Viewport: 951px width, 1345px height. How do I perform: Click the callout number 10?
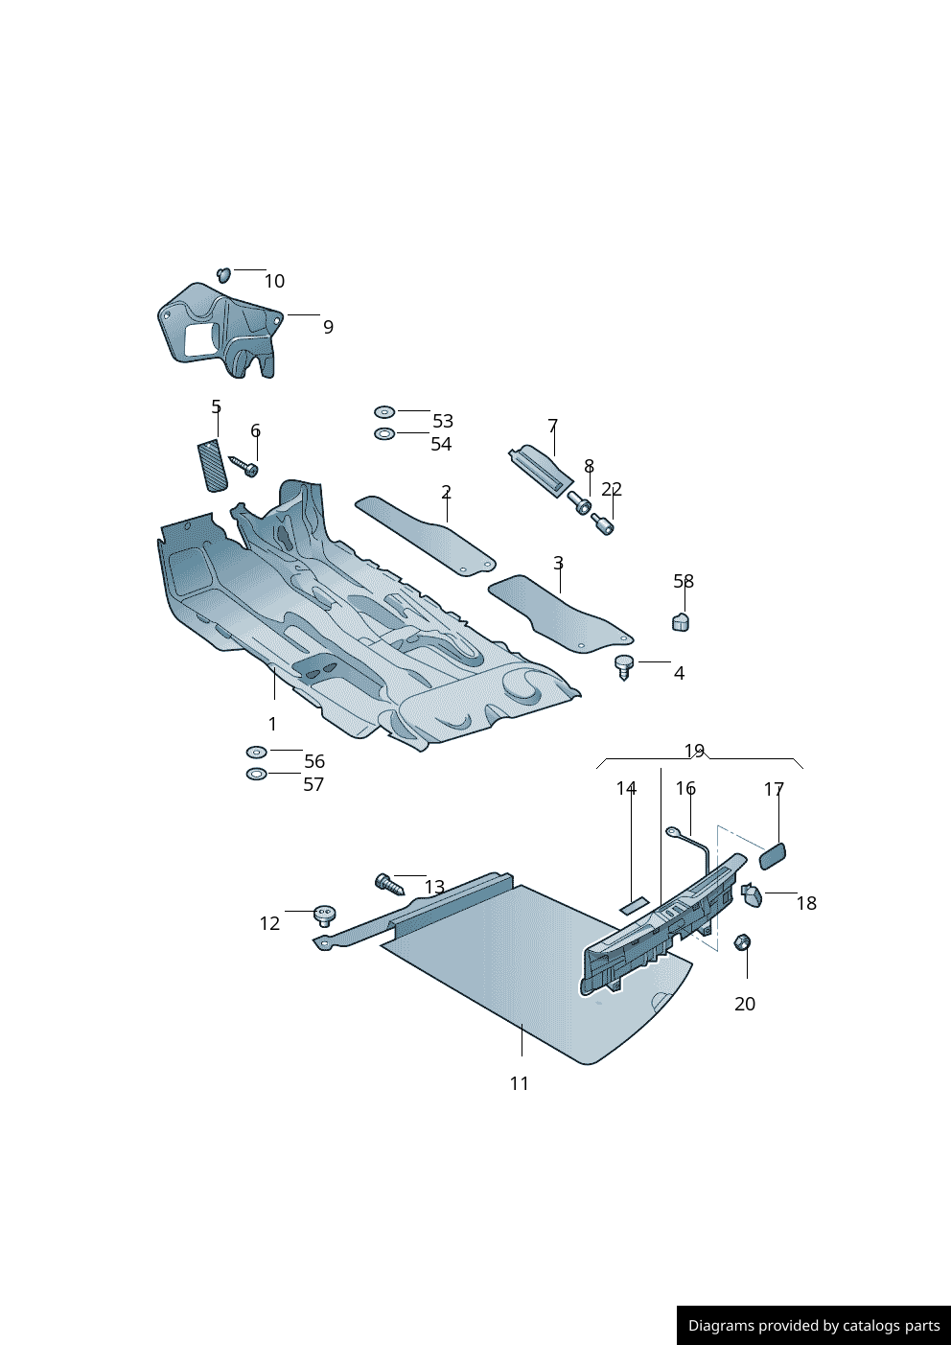[x=274, y=281]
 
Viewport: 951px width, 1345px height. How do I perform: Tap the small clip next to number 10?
[x=224, y=275]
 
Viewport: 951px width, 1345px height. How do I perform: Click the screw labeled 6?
[x=244, y=467]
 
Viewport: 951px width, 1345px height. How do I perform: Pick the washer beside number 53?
[x=384, y=412]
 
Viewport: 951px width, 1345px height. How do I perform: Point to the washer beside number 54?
[x=384, y=434]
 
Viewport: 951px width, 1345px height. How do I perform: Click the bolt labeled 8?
[x=580, y=502]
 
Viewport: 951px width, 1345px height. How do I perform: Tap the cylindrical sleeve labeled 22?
[x=602, y=524]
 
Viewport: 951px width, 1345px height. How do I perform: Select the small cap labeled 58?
[x=681, y=622]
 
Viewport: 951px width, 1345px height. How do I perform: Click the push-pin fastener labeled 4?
[x=624, y=666]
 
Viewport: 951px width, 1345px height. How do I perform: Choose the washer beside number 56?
[x=256, y=752]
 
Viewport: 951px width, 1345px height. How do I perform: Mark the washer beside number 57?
[x=256, y=774]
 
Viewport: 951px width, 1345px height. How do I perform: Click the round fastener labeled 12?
[x=325, y=915]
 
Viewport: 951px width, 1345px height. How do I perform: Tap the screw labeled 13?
[x=388, y=884]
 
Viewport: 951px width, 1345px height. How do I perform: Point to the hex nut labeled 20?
[x=741, y=943]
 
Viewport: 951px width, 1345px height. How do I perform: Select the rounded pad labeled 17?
[x=773, y=855]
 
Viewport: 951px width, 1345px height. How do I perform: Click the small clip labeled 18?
[x=753, y=895]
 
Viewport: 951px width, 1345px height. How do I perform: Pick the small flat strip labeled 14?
[x=634, y=903]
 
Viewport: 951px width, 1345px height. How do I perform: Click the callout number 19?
[x=694, y=751]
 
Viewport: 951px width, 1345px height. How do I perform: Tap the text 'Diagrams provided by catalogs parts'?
[x=814, y=1326]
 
